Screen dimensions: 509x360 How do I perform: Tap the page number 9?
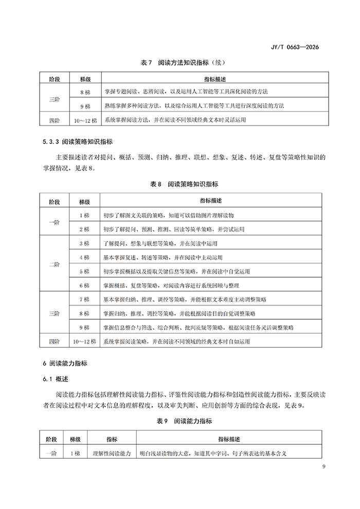coord(323,466)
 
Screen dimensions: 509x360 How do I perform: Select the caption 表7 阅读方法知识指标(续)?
coord(180,63)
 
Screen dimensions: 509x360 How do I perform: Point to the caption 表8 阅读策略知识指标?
coord(180,184)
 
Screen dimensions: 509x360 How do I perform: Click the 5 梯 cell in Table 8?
coord(85,270)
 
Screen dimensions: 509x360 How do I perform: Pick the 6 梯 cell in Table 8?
coord(85,285)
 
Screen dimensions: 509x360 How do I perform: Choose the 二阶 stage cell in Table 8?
coord(54,264)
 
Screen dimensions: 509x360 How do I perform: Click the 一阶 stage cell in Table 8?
coord(54,222)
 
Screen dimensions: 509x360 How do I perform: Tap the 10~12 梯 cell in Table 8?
coord(85,341)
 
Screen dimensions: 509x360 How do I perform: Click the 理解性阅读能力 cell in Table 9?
coord(112,453)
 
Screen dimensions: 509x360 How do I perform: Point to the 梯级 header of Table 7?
coord(85,80)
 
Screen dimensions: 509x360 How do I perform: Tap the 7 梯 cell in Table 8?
coord(85,299)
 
